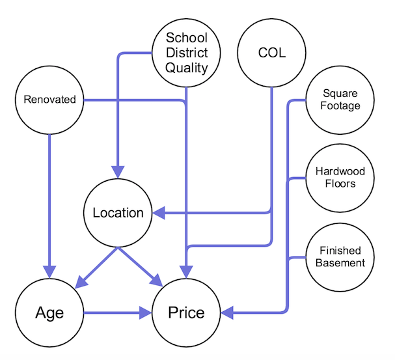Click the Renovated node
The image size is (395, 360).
pos(49,100)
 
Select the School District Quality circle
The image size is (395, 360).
pos(186,52)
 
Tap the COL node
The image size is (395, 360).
pos(271,52)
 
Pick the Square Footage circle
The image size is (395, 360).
pos(340,100)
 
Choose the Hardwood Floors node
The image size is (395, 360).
pos(340,177)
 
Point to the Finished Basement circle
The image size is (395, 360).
pos(340,256)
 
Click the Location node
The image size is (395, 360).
pos(118,213)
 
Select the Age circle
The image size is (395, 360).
pos(50,312)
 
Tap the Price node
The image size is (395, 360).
pos(186,312)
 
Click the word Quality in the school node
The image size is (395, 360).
pos(186,67)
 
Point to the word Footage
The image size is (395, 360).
pos(340,105)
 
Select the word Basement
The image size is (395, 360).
pos(340,263)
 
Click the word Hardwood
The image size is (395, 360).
pos(340,171)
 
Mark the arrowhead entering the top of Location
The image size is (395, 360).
pos(118,173)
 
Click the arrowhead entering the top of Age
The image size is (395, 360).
pos(49,271)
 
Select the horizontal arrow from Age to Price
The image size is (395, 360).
pos(114,313)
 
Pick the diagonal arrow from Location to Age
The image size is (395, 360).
pos(98,266)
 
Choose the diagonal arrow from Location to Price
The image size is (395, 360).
pos(140,267)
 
